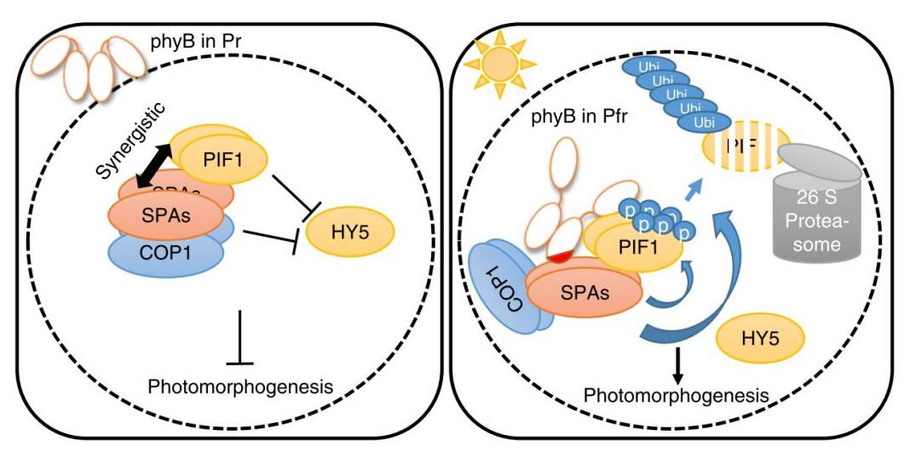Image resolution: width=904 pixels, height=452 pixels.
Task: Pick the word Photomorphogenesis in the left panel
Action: point(239,386)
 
